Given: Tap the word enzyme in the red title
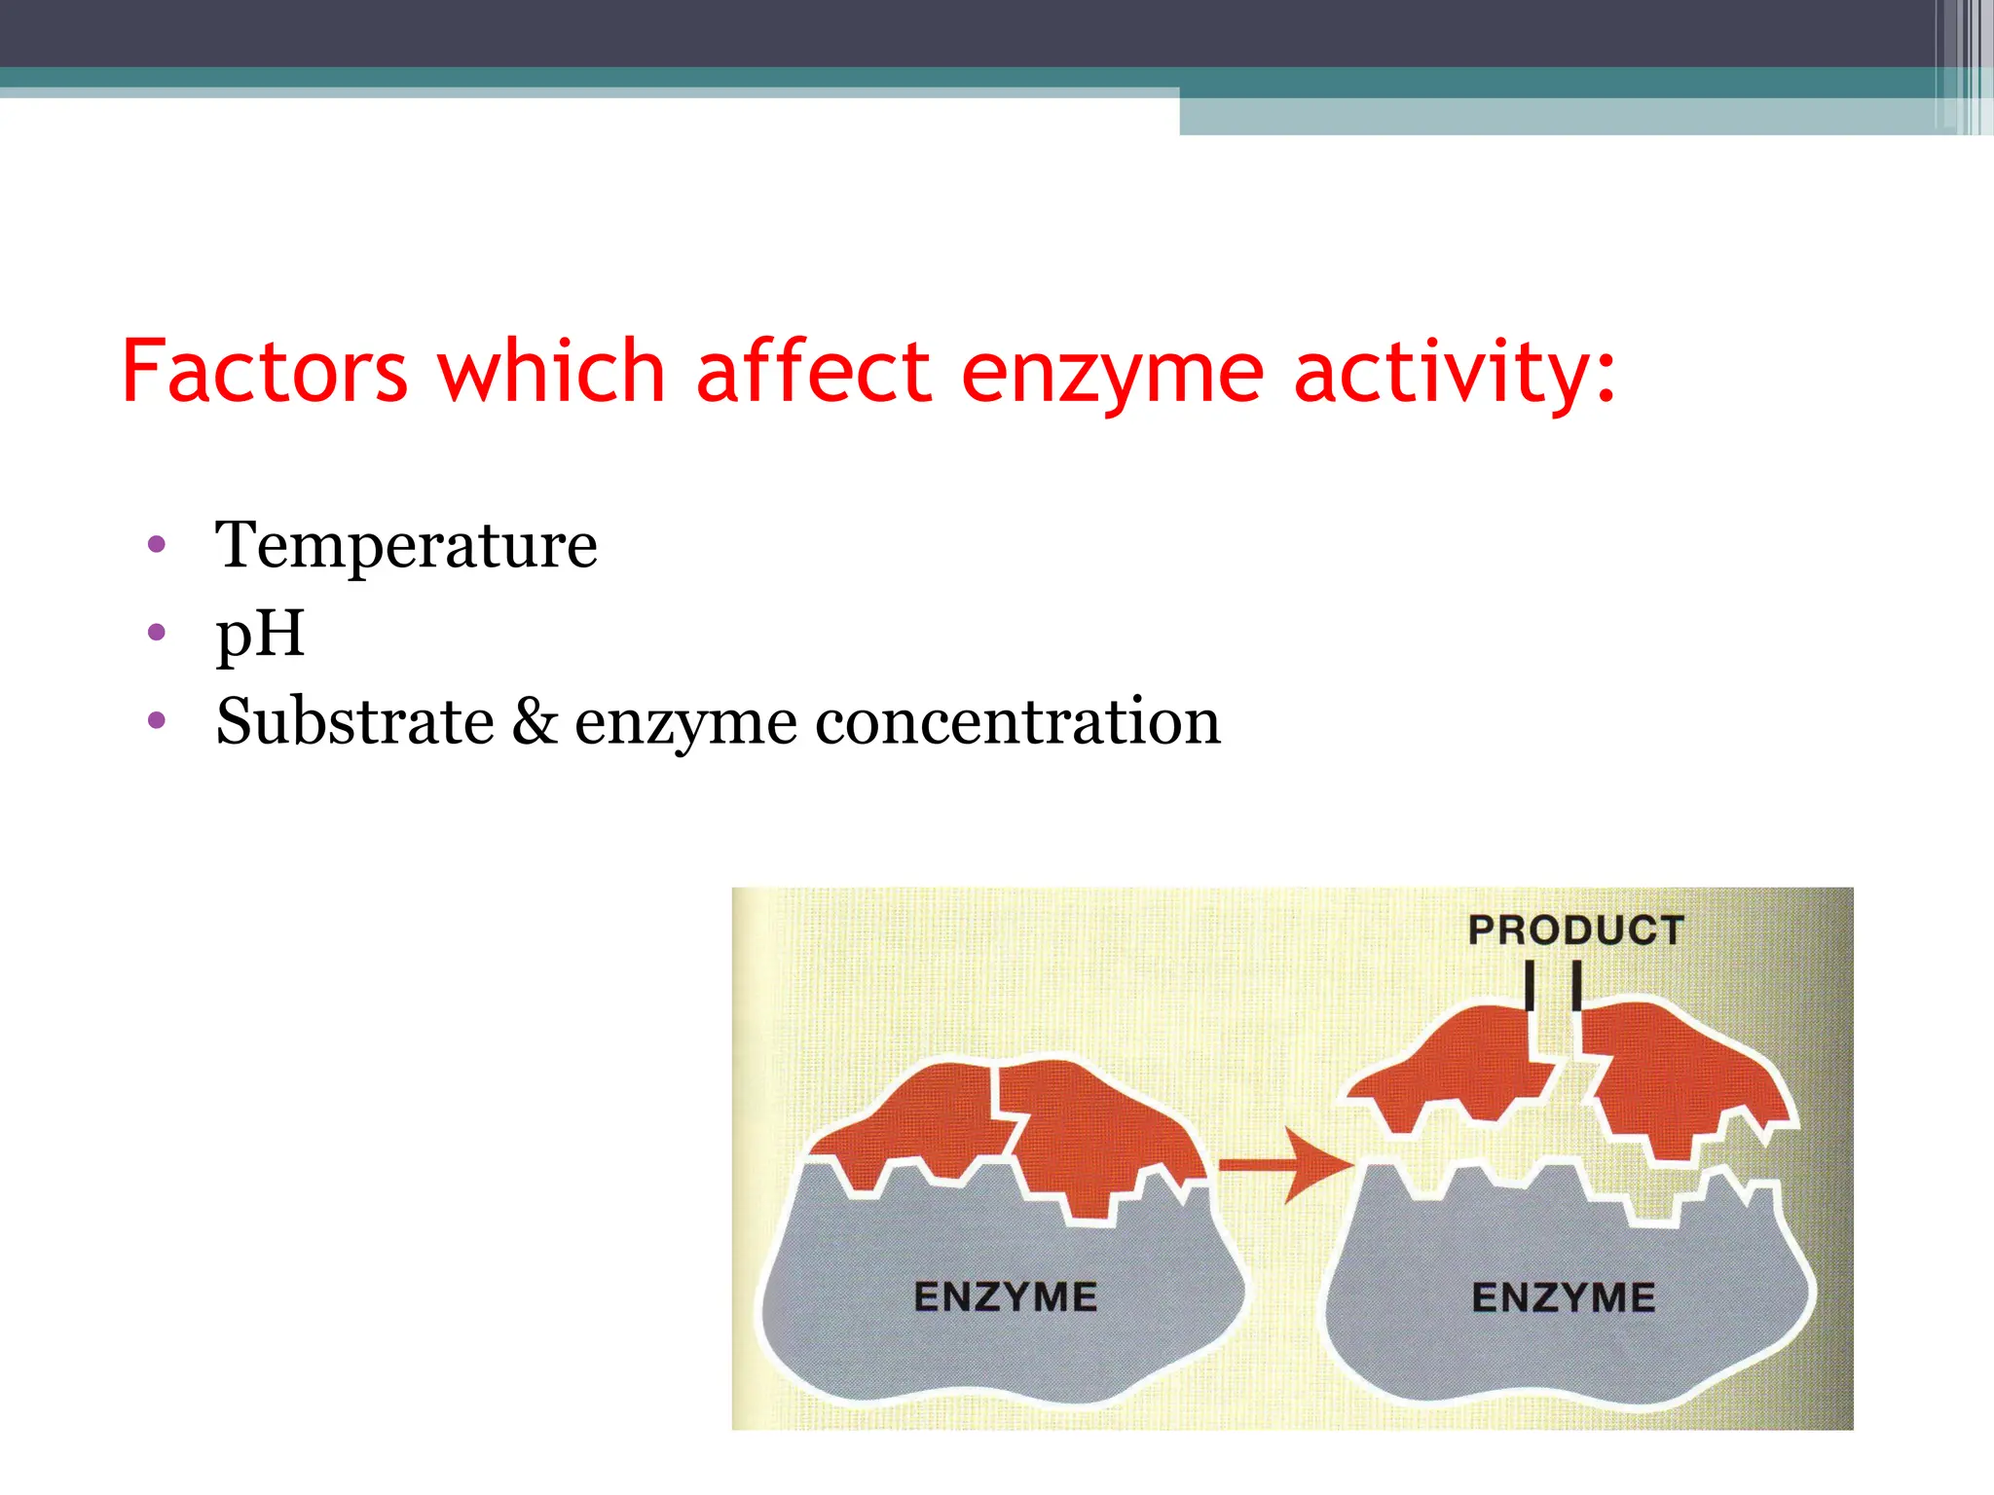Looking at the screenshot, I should [x=1113, y=374].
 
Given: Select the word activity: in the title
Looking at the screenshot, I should [x=1455, y=374].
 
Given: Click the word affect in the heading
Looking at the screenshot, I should [x=814, y=372].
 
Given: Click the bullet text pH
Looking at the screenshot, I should [x=260, y=635].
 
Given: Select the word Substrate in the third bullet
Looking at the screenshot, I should [x=355, y=722].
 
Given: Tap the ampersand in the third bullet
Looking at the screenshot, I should [x=535, y=722].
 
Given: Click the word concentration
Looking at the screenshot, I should [x=1017, y=722].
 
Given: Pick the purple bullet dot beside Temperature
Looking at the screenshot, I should [x=157, y=544].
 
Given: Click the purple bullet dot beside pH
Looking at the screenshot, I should [x=157, y=633].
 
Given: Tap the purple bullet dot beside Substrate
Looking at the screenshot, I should [x=157, y=721].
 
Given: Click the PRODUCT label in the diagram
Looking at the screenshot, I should [x=1575, y=930].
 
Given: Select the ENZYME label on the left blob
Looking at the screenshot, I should [x=1006, y=1297].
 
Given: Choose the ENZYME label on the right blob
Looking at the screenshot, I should [x=1564, y=1297].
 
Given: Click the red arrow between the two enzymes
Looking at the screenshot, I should [x=1285, y=1165].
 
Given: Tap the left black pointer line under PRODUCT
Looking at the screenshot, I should [x=1530, y=985].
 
